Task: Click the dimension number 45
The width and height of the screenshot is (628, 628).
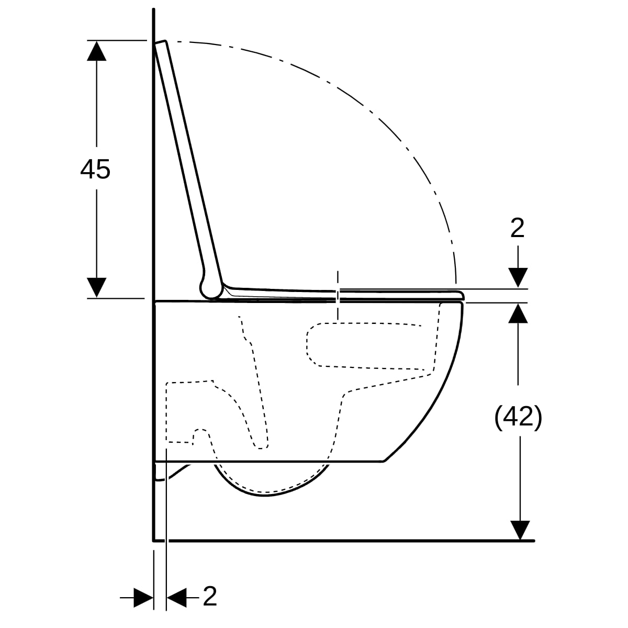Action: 95,169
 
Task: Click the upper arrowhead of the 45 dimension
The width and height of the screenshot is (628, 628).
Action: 96,51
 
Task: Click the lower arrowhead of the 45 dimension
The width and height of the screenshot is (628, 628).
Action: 96,287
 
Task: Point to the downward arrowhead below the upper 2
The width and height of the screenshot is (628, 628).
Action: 518,278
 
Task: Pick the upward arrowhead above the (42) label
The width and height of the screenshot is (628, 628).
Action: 518,313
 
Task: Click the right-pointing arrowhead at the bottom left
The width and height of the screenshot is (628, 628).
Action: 143,598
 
